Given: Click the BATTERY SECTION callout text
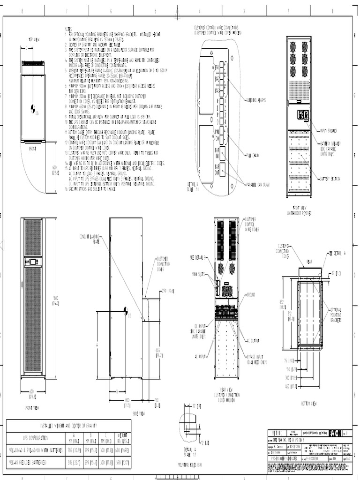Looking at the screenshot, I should click(330, 179).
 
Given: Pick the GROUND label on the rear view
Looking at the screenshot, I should click(250, 294).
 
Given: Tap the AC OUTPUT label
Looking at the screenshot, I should click(254, 341).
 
